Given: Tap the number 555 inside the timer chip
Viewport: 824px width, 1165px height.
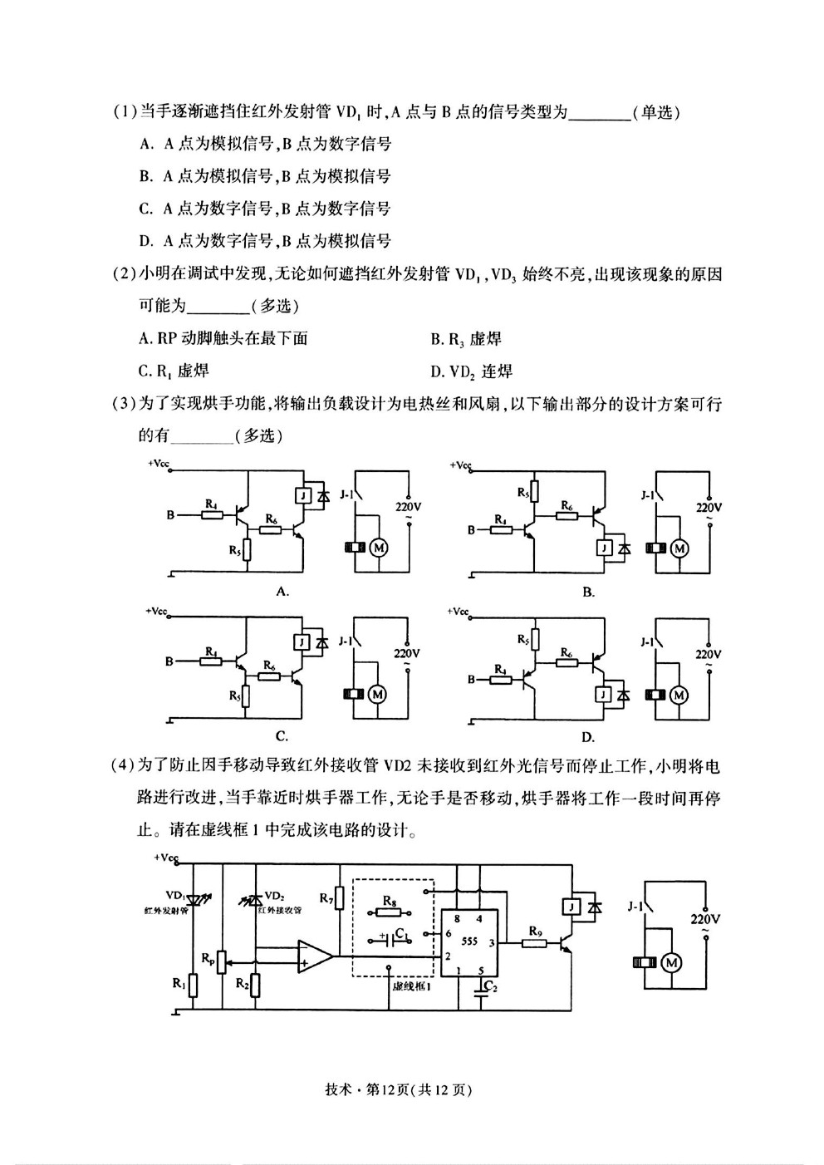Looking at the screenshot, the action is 469,941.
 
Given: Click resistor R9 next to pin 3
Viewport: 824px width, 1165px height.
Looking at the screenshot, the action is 534,942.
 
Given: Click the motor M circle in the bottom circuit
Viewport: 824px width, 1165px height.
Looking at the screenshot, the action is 671,963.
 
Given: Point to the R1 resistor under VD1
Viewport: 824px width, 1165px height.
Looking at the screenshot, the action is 193,985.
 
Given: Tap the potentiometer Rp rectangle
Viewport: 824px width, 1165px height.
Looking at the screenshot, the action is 222,962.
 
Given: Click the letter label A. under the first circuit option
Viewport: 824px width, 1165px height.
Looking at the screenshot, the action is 282,592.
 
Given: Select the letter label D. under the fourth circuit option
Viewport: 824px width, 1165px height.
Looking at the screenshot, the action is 587,738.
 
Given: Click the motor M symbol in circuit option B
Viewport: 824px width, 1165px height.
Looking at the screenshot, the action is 679,548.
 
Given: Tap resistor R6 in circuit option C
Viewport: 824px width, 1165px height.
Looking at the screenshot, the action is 269,676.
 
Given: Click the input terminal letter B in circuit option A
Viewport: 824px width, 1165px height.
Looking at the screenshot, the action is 170,515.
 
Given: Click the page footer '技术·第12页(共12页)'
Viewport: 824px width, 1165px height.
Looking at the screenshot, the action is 399,1089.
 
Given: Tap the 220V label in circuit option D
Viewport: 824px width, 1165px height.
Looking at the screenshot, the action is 708,654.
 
